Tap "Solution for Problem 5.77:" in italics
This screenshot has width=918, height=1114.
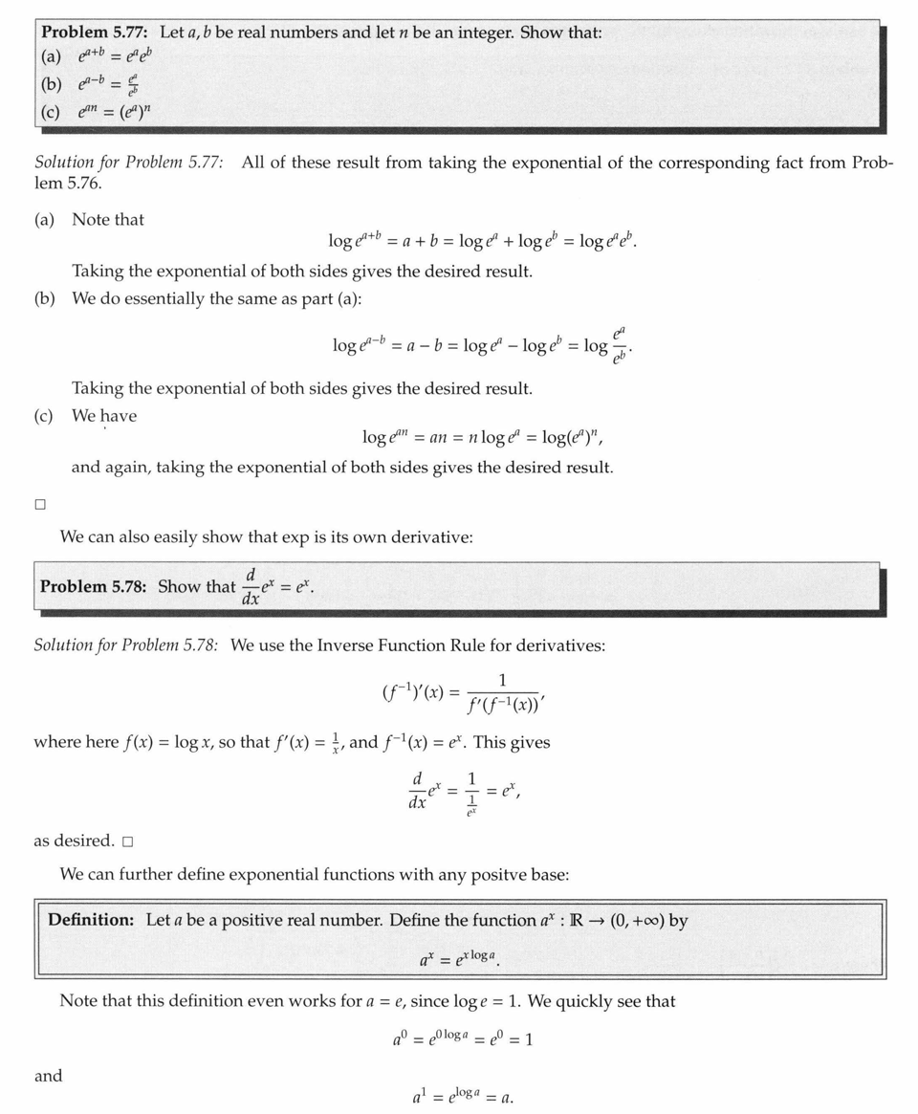[129, 163]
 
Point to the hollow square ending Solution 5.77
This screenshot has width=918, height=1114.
[40, 504]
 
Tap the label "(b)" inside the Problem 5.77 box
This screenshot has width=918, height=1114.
[51, 84]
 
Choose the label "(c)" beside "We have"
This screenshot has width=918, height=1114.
[44, 416]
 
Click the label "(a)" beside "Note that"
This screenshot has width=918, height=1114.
[44, 220]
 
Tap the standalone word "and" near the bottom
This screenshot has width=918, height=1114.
[48, 1076]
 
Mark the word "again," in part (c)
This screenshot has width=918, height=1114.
[129, 468]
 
